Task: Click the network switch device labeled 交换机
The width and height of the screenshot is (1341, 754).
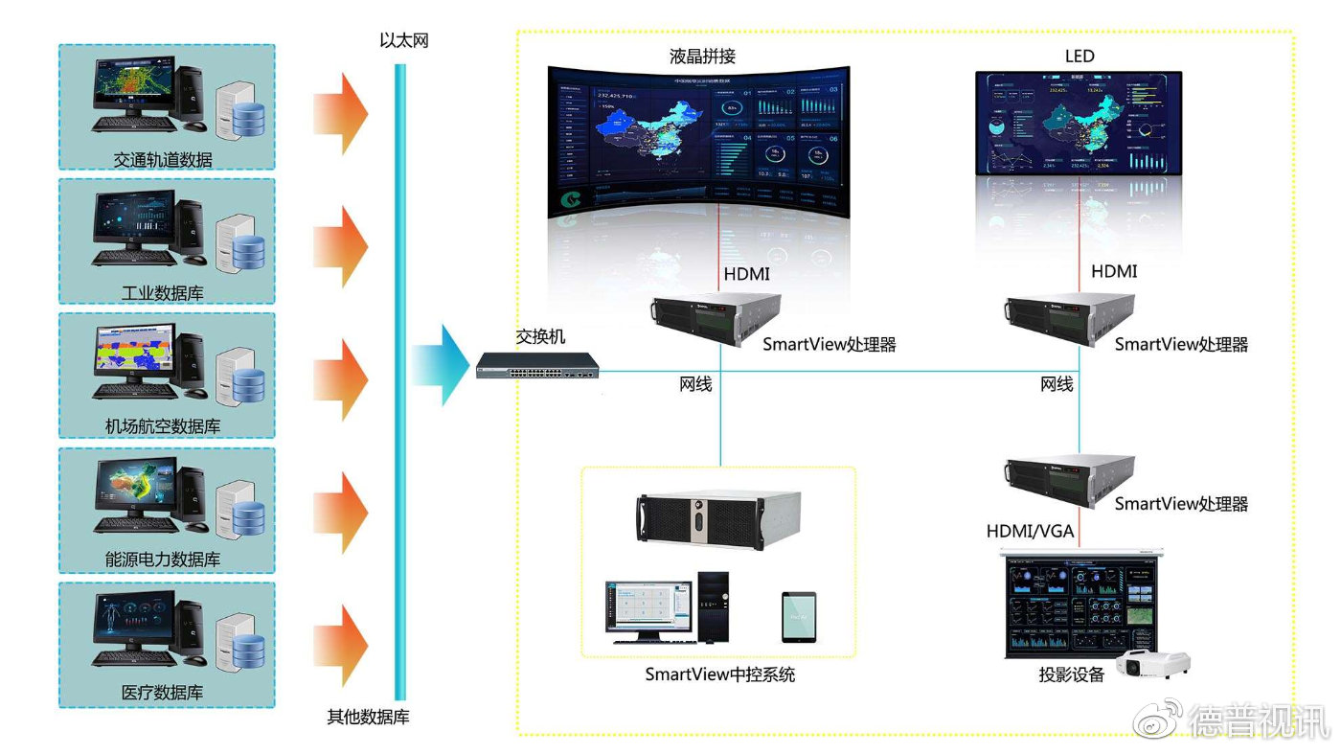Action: tap(537, 365)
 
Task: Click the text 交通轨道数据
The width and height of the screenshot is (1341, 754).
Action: tap(163, 160)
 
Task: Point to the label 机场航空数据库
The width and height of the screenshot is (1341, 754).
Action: tap(163, 426)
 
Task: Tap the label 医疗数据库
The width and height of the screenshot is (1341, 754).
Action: tap(163, 693)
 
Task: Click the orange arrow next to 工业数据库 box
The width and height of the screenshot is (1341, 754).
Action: tap(341, 246)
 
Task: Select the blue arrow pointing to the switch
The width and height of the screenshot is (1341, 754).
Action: tap(441, 365)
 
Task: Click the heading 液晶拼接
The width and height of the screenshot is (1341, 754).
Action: tap(702, 57)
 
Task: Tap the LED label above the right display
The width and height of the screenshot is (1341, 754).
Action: tap(1080, 57)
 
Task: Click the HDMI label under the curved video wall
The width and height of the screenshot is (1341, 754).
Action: tap(747, 275)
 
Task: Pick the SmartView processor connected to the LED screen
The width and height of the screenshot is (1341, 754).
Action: tap(1070, 321)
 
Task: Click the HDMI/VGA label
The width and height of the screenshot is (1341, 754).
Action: tap(1030, 531)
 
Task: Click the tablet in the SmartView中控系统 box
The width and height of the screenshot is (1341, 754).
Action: tap(798, 615)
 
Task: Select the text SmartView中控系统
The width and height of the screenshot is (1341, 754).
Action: tap(720, 674)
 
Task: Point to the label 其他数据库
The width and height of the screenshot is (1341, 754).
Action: tap(368, 717)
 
